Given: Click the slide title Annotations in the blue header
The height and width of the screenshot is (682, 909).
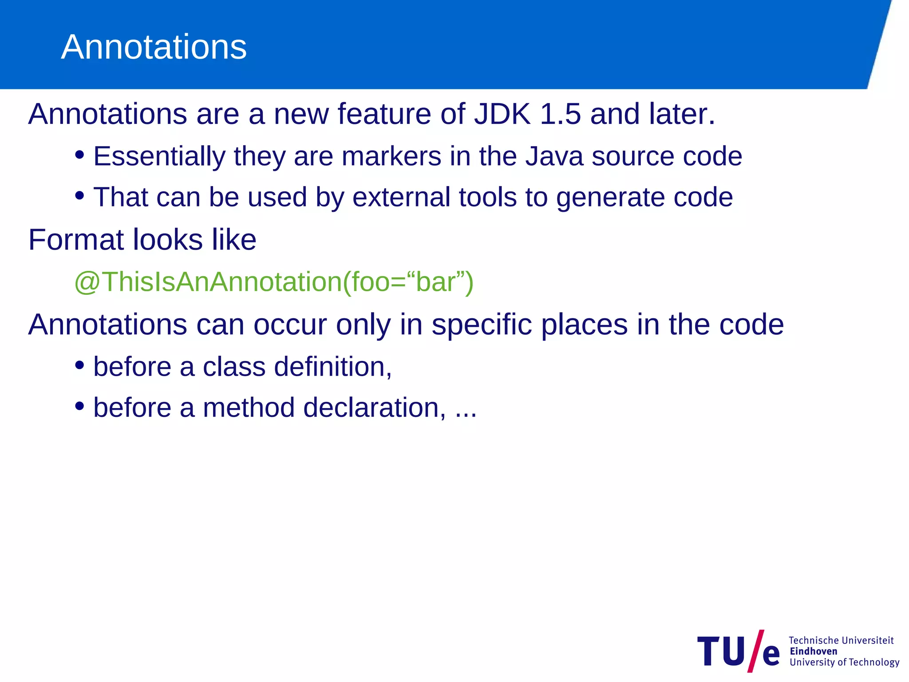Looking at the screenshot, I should pyautogui.click(x=154, y=47).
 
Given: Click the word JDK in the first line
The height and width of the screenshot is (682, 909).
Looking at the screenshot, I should pyautogui.click(x=502, y=114).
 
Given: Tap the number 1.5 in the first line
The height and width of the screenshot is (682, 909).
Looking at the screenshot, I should pyautogui.click(x=560, y=114).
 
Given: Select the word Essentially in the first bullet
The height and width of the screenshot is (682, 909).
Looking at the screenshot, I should pyautogui.click(x=159, y=156).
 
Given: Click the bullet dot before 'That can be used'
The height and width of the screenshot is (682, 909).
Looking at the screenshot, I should pyautogui.click(x=79, y=195).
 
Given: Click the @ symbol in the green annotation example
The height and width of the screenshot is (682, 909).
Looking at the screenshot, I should pyautogui.click(x=87, y=282).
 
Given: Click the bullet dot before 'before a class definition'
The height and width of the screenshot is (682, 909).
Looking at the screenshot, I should pyautogui.click(x=79, y=365).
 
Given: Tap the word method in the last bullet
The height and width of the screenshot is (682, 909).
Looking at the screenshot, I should pyautogui.click(x=249, y=408).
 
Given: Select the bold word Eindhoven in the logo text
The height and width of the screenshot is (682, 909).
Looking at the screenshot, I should pyautogui.click(x=813, y=651).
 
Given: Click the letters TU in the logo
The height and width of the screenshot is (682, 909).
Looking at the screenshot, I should pyautogui.click(x=722, y=651).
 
